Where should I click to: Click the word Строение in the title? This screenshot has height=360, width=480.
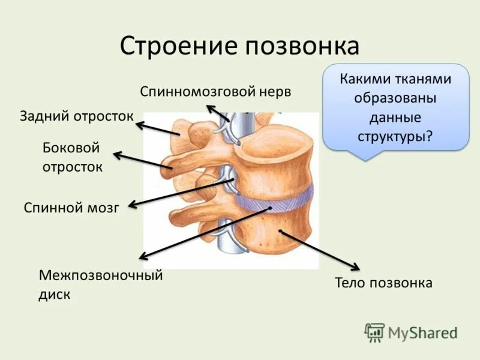[172, 46]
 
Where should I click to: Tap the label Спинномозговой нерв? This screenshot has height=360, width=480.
[215, 92]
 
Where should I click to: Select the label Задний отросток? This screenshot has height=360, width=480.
[76, 115]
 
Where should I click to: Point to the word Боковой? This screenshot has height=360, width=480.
[70, 148]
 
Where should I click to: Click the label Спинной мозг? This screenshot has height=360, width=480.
[72, 208]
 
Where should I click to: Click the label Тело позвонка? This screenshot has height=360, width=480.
[383, 283]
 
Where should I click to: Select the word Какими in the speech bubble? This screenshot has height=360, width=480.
[365, 79]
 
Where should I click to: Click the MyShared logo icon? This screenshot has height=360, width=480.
[374, 332]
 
